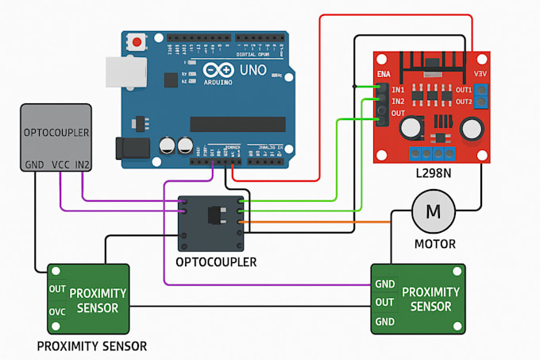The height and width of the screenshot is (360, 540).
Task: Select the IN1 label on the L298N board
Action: pos(399,90)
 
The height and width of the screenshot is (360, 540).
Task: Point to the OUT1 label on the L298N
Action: pos(464,90)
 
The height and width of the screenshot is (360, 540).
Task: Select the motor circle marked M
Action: pos(433,211)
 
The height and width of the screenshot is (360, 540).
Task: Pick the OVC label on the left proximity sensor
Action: pos(57,312)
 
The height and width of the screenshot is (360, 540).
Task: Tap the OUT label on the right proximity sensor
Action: pos(385,302)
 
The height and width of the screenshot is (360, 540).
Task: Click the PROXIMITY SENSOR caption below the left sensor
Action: pos(92,346)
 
